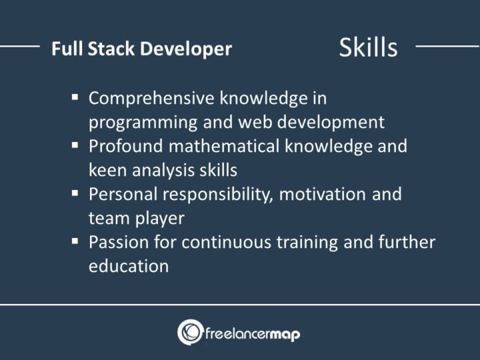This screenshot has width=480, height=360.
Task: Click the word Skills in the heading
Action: pos(368,47)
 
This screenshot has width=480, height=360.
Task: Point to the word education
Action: pos(128,265)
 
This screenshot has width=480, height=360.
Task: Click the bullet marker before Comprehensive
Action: pos(75,98)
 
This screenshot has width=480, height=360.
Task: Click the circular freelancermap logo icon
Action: pos(190,332)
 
